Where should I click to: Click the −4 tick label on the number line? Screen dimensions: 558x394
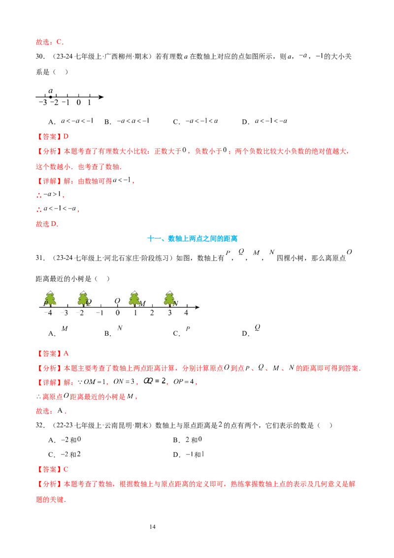[x=48, y=313]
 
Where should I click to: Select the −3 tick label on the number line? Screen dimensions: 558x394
[x=64, y=313]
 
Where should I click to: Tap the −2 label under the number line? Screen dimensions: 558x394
[x=82, y=313]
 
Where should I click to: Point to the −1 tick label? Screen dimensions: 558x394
[x=99, y=313]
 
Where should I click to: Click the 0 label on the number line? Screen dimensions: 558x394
[x=118, y=313]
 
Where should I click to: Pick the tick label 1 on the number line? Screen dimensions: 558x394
[x=135, y=313]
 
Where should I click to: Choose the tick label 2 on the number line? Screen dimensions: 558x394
[x=152, y=313]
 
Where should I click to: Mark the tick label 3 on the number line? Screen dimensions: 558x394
[x=169, y=313]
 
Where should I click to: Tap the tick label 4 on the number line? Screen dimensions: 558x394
[x=186, y=313]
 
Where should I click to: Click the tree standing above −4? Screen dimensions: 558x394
[x=50, y=298]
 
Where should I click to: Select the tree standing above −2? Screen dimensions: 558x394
[x=83, y=298]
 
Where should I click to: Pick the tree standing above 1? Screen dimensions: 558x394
[x=134, y=298]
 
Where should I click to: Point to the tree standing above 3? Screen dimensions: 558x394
[x=169, y=298]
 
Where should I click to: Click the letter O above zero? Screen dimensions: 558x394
[x=117, y=301]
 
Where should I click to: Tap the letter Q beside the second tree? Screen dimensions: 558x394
[x=89, y=302]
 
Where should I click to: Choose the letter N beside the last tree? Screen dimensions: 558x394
[x=175, y=303]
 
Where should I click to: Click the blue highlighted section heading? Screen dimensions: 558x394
[x=202, y=239]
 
